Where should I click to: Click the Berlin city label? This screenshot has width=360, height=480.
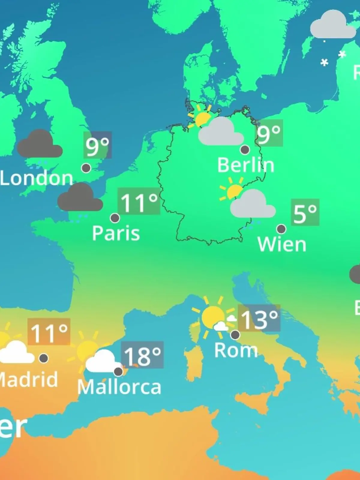(246, 165)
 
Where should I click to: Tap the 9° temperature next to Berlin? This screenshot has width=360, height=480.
(269, 133)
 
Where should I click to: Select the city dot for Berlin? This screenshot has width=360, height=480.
(245, 149)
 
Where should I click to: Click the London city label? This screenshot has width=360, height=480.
(36, 178)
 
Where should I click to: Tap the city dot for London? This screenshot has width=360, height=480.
(86, 168)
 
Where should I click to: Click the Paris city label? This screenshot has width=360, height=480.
(116, 233)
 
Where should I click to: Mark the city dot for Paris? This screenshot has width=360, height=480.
(115, 218)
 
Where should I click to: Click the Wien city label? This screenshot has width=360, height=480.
(282, 244)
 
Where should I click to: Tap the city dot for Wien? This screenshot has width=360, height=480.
(281, 229)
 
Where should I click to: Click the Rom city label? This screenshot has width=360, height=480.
(236, 350)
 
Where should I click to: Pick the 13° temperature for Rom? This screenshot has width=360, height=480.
(259, 318)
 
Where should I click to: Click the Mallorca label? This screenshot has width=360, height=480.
(119, 387)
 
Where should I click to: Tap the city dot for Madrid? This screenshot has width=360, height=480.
(44, 358)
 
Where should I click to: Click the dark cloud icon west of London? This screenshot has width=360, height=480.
(40, 145)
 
